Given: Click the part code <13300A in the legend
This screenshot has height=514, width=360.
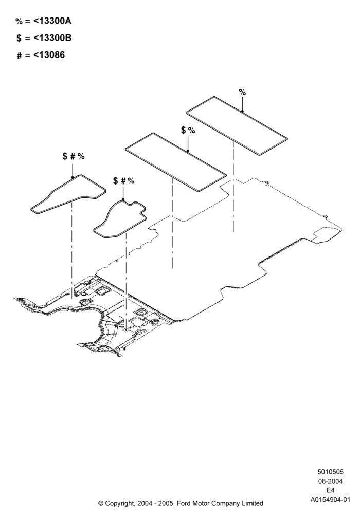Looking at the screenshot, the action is [52, 21].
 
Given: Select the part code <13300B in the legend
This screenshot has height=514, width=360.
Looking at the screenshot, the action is [52, 38].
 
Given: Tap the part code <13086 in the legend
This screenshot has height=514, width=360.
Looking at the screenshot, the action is [49, 55].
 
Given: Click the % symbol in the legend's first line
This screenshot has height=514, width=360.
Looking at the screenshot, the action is [19, 21].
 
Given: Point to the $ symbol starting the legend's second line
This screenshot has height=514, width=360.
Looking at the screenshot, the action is [19, 39].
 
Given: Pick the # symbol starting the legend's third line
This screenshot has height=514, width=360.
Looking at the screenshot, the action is [20, 56].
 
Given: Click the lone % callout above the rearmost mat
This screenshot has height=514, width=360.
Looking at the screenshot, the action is [242, 93].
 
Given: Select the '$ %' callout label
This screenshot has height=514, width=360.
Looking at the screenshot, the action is [188, 130].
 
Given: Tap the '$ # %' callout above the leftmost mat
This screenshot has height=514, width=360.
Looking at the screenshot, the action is [74, 156].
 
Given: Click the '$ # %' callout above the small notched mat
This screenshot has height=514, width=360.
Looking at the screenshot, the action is [123, 180].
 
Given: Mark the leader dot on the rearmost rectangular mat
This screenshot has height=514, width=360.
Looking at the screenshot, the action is [242, 112].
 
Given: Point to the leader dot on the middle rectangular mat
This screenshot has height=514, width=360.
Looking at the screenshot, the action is [188, 151].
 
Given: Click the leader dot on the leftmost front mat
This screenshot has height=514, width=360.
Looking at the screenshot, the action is [73, 177].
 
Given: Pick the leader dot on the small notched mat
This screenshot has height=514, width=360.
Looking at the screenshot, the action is [123, 199].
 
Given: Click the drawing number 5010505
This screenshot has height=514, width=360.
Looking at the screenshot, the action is [330, 472].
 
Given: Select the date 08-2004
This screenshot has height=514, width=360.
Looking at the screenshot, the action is [330, 481].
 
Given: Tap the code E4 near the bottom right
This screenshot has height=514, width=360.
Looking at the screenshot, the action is [330, 490].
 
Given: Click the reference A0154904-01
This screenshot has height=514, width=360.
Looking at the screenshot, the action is [330, 500].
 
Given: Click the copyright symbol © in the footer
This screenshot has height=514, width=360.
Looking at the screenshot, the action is [101, 503].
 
